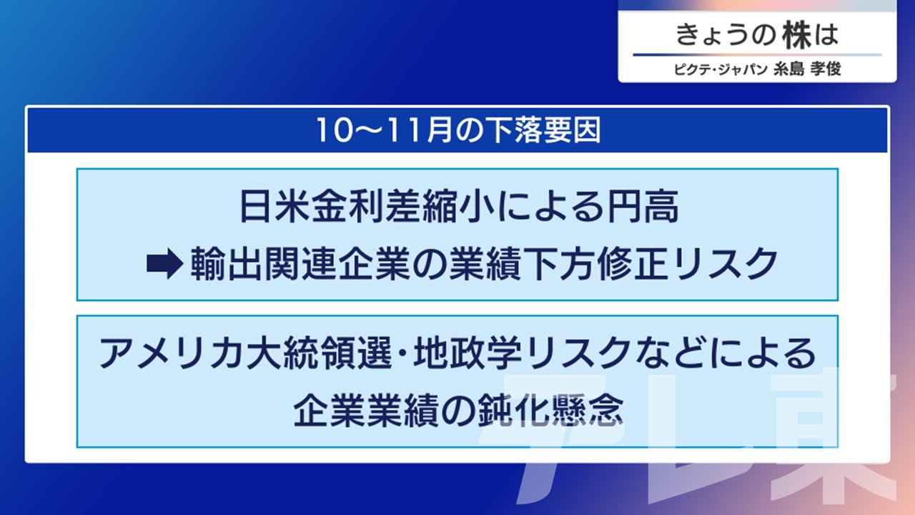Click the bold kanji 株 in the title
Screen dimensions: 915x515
[x=796, y=35]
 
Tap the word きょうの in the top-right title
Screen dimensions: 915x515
[x=726, y=35]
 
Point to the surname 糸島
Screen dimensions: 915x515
[x=788, y=69]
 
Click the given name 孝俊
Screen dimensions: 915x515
[x=826, y=69]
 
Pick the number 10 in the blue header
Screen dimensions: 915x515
[x=334, y=131]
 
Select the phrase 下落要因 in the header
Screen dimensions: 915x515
[x=541, y=131]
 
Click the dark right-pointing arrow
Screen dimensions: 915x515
[x=165, y=264]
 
